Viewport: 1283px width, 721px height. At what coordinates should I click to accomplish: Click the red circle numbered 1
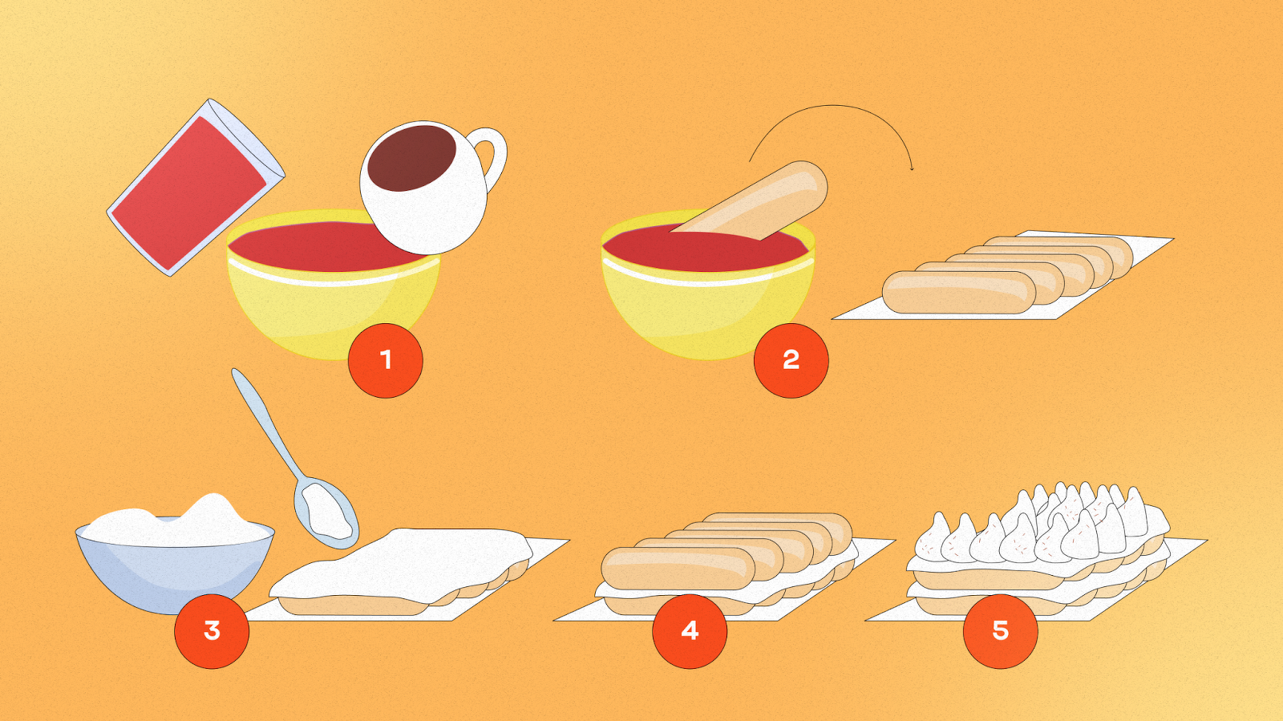pyautogui.click(x=386, y=360)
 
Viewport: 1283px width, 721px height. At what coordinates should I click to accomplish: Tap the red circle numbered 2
pyautogui.click(x=791, y=360)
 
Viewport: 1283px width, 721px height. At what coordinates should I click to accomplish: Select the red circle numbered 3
pyautogui.click(x=212, y=631)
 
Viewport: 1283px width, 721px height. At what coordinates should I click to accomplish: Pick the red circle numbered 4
pyautogui.click(x=690, y=631)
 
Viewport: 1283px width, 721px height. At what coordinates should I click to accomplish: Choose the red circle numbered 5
pyautogui.click(x=1001, y=631)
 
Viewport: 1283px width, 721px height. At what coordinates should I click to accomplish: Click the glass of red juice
pyautogui.click(x=195, y=186)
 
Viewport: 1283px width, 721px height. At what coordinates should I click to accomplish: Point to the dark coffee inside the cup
pyautogui.click(x=411, y=157)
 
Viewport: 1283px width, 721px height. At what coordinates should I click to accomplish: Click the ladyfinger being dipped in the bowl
pyautogui.click(x=751, y=201)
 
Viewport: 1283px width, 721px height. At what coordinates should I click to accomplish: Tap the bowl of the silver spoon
pyautogui.click(x=326, y=511)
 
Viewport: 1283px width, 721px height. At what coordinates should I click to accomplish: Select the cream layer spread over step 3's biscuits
pyautogui.click(x=401, y=564)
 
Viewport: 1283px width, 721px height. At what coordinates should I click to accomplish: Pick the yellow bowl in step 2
pyautogui.click(x=708, y=286)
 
